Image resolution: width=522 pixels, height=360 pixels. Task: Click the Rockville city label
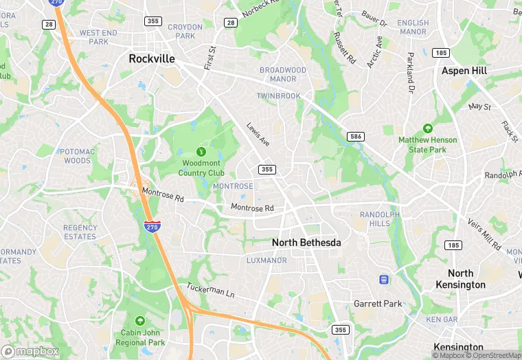[152, 59]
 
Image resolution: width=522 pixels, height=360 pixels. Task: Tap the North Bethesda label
[306, 243]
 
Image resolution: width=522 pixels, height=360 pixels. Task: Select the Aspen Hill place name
[464, 71]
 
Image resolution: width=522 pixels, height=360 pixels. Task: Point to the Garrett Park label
[377, 304]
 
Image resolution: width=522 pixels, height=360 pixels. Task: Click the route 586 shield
[354, 136]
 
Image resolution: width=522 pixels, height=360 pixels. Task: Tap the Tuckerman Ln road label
[211, 291]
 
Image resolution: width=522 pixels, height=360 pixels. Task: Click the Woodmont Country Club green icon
[202, 151]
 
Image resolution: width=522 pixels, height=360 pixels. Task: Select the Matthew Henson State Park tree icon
[427, 128]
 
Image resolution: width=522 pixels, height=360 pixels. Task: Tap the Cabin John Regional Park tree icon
[140, 321]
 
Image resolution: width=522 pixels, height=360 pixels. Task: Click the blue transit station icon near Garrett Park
[384, 280]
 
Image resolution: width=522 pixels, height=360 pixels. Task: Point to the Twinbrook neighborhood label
[279, 96]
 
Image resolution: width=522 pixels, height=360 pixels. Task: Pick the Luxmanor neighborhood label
[266, 261]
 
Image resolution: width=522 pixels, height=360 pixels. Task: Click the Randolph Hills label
[379, 218]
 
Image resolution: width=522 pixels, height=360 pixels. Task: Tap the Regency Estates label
[80, 232]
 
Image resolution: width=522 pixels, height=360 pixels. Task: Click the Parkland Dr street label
[411, 73]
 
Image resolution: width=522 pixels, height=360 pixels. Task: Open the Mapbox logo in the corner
[30, 351]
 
